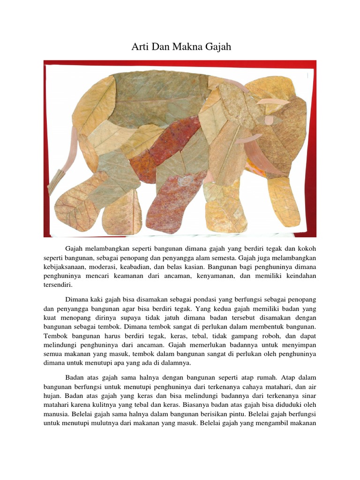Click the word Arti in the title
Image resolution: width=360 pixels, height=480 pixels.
136,47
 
